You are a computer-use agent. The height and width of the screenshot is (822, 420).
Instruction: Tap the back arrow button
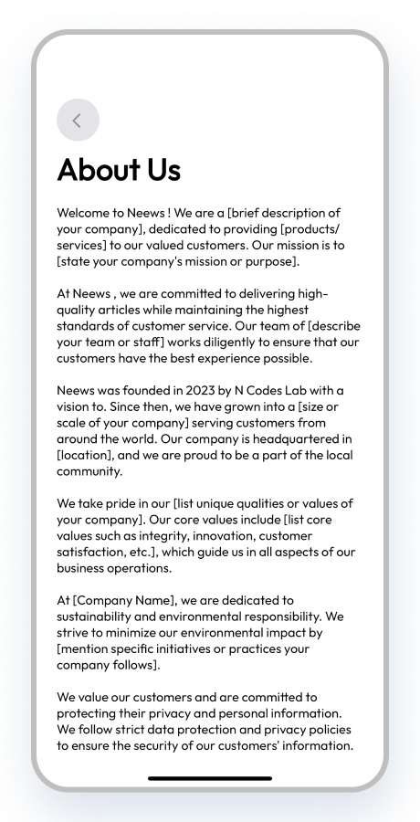78,120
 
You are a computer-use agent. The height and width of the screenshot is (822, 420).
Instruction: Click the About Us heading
119,170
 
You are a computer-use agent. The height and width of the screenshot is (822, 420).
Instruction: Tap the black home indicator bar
210,779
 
